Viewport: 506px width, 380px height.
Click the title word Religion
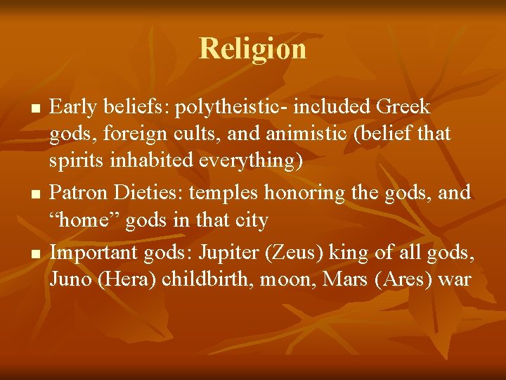[x=253, y=49]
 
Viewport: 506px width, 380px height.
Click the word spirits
[x=76, y=161]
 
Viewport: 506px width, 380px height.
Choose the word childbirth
[x=207, y=279]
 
